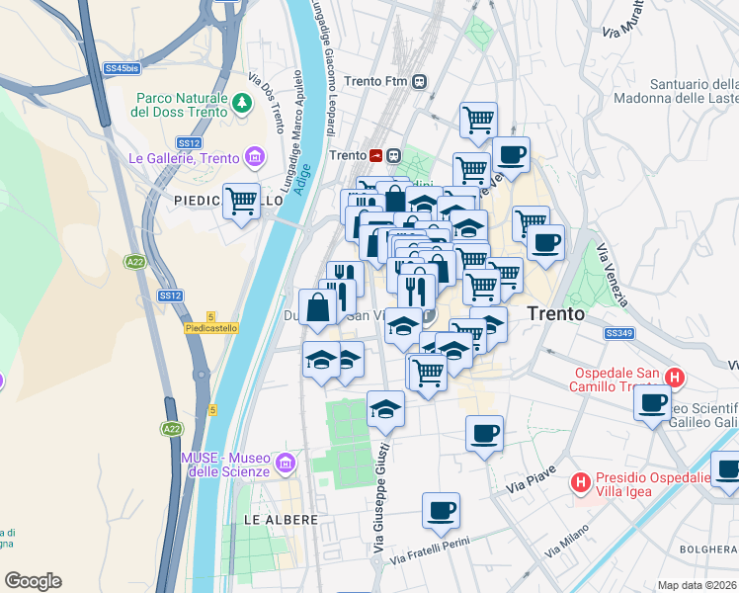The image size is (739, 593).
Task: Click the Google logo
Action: tap(33, 581)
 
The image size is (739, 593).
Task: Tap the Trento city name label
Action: tap(555, 312)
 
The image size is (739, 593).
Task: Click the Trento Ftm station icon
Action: tap(421, 81)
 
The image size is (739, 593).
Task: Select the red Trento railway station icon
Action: tap(375, 155)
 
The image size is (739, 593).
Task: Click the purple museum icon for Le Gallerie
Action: tap(256, 157)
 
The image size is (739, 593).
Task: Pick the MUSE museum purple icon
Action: tap(286, 462)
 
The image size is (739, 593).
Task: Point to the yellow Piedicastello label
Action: tap(211, 328)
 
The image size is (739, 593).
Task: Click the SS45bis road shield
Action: tap(121, 69)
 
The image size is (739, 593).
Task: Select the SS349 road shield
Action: tap(618, 336)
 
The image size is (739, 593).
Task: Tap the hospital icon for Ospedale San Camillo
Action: tap(675, 378)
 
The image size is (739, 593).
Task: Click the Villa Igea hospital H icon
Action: tap(581, 482)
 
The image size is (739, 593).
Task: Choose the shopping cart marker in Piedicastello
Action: tap(241, 201)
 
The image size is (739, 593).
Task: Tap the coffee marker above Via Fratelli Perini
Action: tap(441, 510)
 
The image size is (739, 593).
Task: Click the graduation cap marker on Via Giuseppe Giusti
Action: tap(385, 408)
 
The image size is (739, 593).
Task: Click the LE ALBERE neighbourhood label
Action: tap(282, 519)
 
